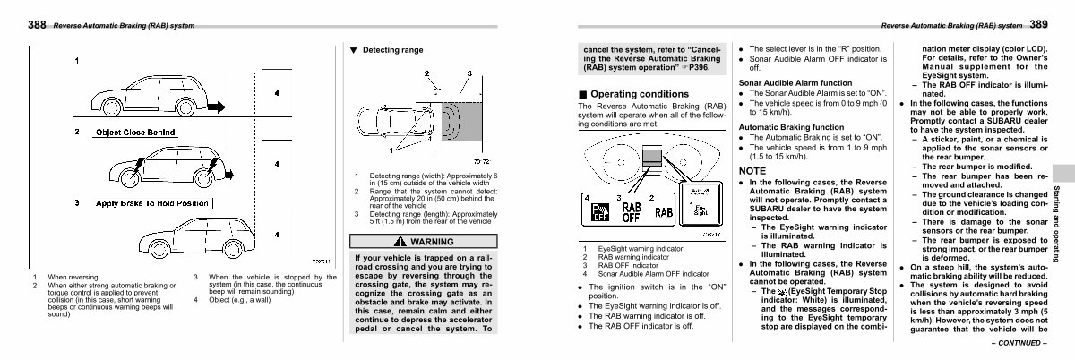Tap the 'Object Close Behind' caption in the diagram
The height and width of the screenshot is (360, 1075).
[x=133, y=132]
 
